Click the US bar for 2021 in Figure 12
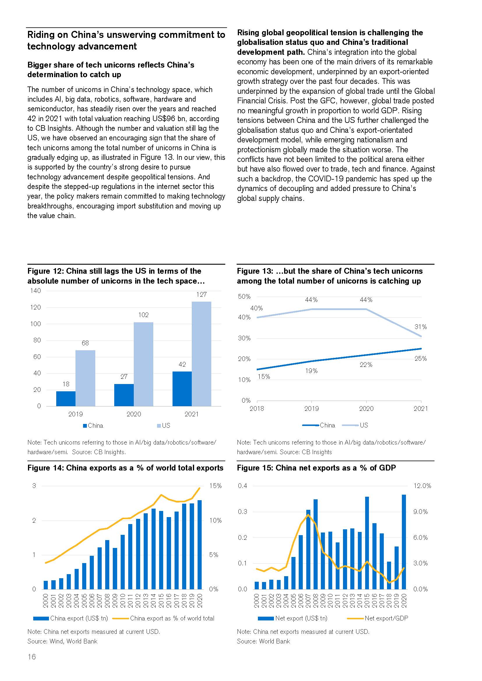click(x=201, y=353)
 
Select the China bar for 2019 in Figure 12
click(x=66, y=398)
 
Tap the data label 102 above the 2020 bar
click(x=143, y=315)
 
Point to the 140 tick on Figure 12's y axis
click(x=36, y=291)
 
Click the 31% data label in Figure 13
click(x=420, y=327)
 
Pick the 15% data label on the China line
click(x=264, y=377)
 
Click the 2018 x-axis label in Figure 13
click(x=257, y=408)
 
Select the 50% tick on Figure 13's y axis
click(x=244, y=297)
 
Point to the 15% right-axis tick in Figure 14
click(x=215, y=486)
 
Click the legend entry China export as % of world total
click(x=172, y=618)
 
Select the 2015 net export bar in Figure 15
click(x=367, y=543)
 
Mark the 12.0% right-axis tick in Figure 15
click(x=422, y=486)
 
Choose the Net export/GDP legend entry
click(x=386, y=618)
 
